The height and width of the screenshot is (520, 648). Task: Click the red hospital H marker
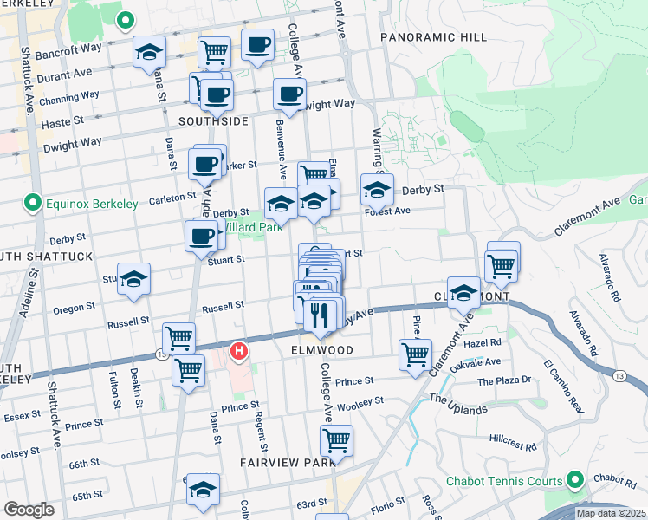pyautogui.click(x=239, y=352)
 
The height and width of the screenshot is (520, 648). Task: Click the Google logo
pyautogui.click(x=29, y=510)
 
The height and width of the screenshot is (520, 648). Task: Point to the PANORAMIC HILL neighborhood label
pyautogui.click(x=433, y=38)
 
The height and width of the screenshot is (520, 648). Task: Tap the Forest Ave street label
pyautogui.click(x=387, y=211)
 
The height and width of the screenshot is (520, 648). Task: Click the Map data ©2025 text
pyautogui.click(x=611, y=513)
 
